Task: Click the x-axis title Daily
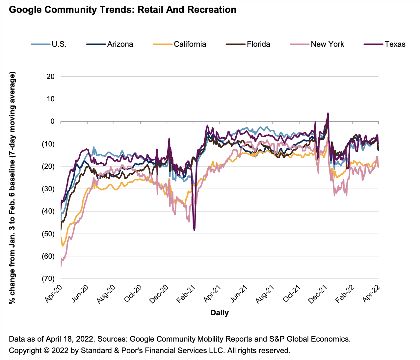[220, 313]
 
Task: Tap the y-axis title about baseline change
[13, 189]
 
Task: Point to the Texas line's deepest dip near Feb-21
[195, 230]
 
